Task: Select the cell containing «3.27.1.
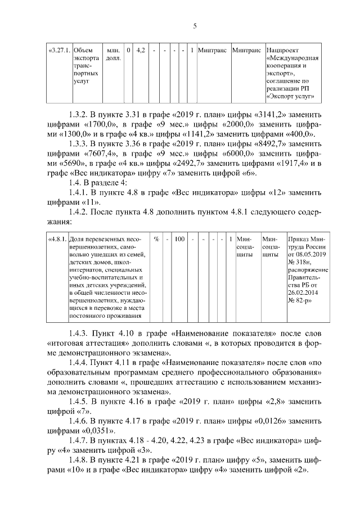tap(59, 51)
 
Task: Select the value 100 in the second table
tap(179, 239)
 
